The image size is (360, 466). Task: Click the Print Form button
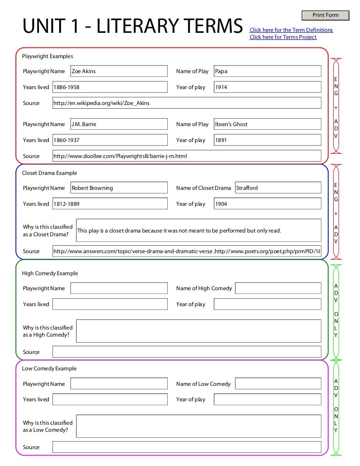coord(325,15)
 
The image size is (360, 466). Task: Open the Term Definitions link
coord(291,30)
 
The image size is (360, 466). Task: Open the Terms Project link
coord(283,37)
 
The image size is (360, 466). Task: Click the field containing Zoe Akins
coord(119,71)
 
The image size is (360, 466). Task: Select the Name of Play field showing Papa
coord(267,71)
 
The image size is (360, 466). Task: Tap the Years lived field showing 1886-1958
coord(110,87)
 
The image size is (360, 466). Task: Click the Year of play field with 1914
coord(267,87)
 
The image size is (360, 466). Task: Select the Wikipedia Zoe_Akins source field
coord(187,103)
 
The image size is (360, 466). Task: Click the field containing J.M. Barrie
coord(119,124)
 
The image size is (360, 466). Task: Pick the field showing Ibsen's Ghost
coord(267,124)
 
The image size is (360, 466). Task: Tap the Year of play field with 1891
coord(267,140)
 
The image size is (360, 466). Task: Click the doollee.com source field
coord(187,156)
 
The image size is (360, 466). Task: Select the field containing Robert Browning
coord(119,188)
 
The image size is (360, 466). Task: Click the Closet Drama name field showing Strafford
coord(278,188)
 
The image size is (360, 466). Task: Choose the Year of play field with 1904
coord(267,204)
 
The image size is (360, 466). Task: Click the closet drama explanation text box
coord(199,230)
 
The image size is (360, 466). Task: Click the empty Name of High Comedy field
coord(278,288)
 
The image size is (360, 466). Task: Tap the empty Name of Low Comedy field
coord(278,384)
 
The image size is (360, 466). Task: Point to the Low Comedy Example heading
coord(49,368)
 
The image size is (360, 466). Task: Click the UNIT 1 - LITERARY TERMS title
coord(133,27)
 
